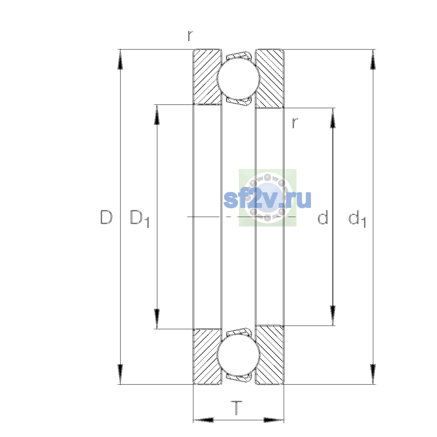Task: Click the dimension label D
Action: click(106, 217)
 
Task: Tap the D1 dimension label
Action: click(139, 219)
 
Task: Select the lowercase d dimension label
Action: click(323, 217)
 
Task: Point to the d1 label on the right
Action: click(357, 219)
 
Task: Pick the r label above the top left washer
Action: click(190, 36)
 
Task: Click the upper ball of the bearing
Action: click(238, 78)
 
